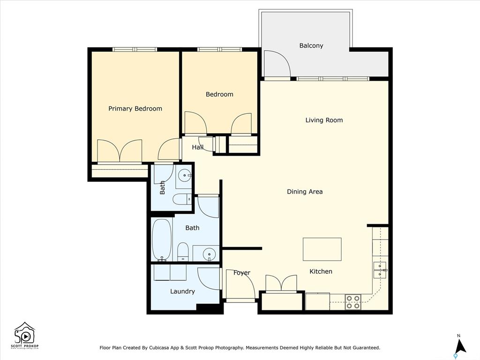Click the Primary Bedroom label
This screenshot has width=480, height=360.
[x=135, y=109]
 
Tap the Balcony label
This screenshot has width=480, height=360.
[x=311, y=45]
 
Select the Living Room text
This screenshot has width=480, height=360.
[x=324, y=120]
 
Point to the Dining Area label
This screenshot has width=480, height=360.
[x=305, y=192]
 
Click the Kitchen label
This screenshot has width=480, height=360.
[x=321, y=271]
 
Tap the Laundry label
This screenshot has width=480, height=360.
[x=182, y=292]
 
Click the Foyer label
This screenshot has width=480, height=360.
[x=242, y=273]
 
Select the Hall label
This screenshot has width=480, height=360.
[x=197, y=147]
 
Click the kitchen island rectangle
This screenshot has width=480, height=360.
[x=322, y=249]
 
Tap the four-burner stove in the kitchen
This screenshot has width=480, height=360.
[x=353, y=301]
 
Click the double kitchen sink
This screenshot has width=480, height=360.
[x=380, y=270]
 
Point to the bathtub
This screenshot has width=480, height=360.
[x=162, y=240]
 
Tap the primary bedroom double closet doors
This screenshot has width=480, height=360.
[x=120, y=150]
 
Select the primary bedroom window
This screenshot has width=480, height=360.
[x=135, y=49]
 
